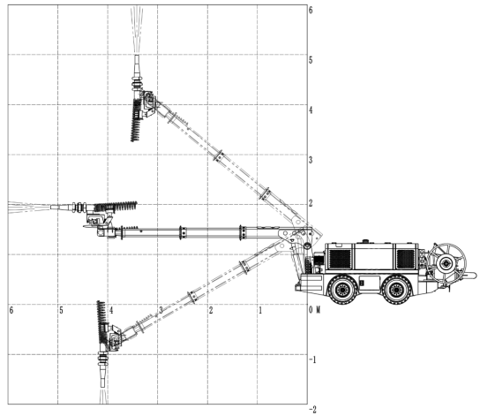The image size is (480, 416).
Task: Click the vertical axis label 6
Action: tap(311, 10)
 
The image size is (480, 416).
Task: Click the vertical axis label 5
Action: tap(311, 60)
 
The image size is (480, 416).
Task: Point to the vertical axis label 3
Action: tap(311, 160)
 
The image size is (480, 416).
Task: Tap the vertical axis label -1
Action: tap(312, 359)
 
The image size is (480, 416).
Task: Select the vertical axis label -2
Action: tap(312, 409)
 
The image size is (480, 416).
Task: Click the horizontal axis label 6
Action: tap(11, 310)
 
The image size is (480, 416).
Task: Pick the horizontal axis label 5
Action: tap(61, 310)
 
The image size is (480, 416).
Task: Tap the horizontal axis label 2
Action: tap(211, 310)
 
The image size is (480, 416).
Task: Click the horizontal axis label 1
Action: tap(260, 310)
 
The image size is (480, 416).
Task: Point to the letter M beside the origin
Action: tap(318, 310)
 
